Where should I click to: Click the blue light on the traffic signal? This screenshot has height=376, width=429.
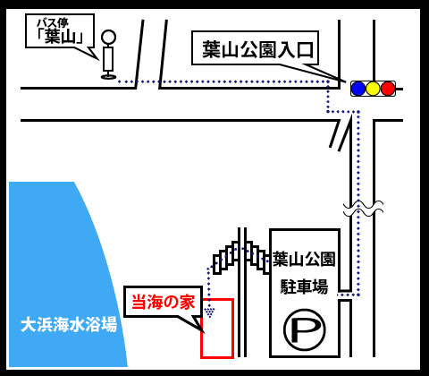[358, 89]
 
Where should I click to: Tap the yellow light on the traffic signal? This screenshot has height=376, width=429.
[373, 89]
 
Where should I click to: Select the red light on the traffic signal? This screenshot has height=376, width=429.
[388, 89]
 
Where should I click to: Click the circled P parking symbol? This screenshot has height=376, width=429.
[304, 329]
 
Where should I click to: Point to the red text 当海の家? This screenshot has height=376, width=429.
[164, 302]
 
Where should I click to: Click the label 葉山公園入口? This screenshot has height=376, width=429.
[258, 49]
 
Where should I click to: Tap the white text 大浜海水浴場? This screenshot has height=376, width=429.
[69, 325]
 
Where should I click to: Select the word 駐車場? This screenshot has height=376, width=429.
[304, 286]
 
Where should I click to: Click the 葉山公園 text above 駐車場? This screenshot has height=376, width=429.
[304, 259]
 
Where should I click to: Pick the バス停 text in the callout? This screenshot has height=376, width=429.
[53, 23]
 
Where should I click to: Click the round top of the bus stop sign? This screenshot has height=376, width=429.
[108, 38]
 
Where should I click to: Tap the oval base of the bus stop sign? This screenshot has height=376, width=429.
[108, 77]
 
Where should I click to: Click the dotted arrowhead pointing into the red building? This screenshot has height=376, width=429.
[210, 312]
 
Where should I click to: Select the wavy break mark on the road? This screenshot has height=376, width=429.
[363, 209]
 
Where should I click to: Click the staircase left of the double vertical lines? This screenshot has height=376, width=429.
[226, 257]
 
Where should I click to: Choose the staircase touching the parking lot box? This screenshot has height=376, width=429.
[258, 257]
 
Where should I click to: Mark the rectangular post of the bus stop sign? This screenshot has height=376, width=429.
[108, 59]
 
